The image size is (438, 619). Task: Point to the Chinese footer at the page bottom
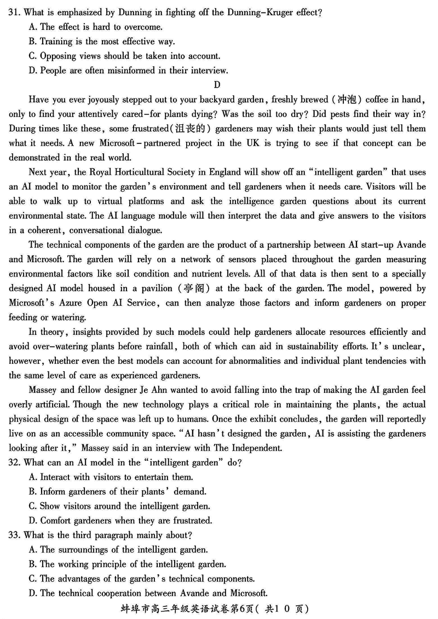218,609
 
